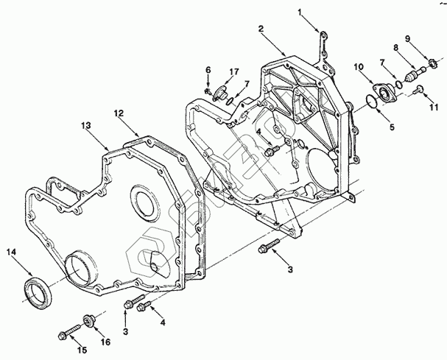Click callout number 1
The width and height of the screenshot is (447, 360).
pos(300,12)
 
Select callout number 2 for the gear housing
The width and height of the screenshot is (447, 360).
pos(261,29)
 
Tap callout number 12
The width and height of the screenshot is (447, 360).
pos(117,113)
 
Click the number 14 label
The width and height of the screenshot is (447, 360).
pos(10,253)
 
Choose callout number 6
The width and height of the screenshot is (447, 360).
pos(208,69)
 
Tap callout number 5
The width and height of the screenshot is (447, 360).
pos(392,127)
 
